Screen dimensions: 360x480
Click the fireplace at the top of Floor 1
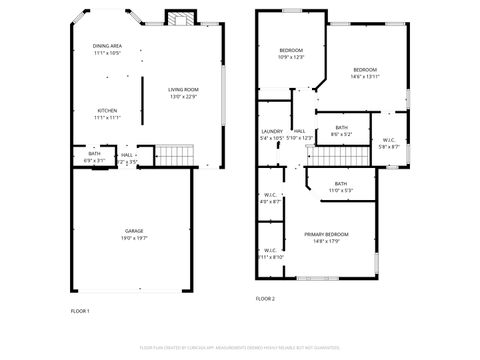(x=178, y=20)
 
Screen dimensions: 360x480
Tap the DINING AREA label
(x=107, y=46)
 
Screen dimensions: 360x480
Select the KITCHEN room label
(x=107, y=110)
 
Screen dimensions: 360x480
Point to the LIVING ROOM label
(x=183, y=90)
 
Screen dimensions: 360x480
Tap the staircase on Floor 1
(x=175, y=155)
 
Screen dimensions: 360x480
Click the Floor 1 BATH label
(x=94, y=153)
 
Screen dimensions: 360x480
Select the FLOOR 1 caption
(x=80, y=311)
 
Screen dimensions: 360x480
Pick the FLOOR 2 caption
(x=265, y=298)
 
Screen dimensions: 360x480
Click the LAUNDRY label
(x=272, y=131)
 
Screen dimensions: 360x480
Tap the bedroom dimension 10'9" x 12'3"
(x=290, y=57)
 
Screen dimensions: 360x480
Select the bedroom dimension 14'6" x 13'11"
(x=364, y=76)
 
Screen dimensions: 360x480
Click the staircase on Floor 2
(x=325, y=155)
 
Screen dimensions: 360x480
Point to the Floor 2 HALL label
(x=299, y=131)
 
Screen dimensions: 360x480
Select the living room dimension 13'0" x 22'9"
(x=183, y=97)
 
